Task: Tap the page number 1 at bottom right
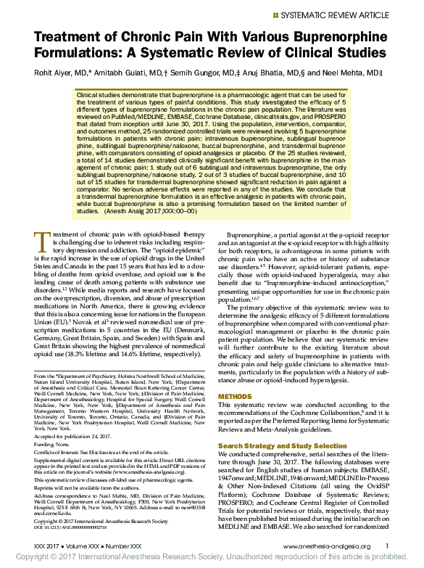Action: click(x=387, y=546)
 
